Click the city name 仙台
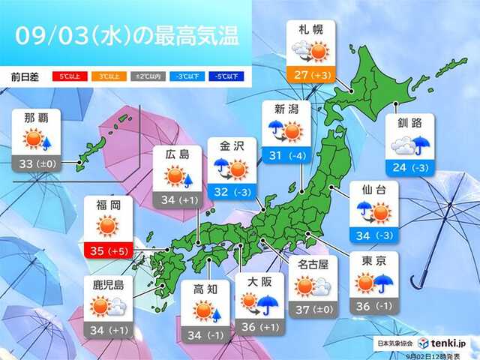click(x=373, y=190)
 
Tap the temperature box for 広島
click(x=177, y=199)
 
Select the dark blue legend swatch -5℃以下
click(x=221, y=76)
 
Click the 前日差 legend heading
click(x=26, y=76)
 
